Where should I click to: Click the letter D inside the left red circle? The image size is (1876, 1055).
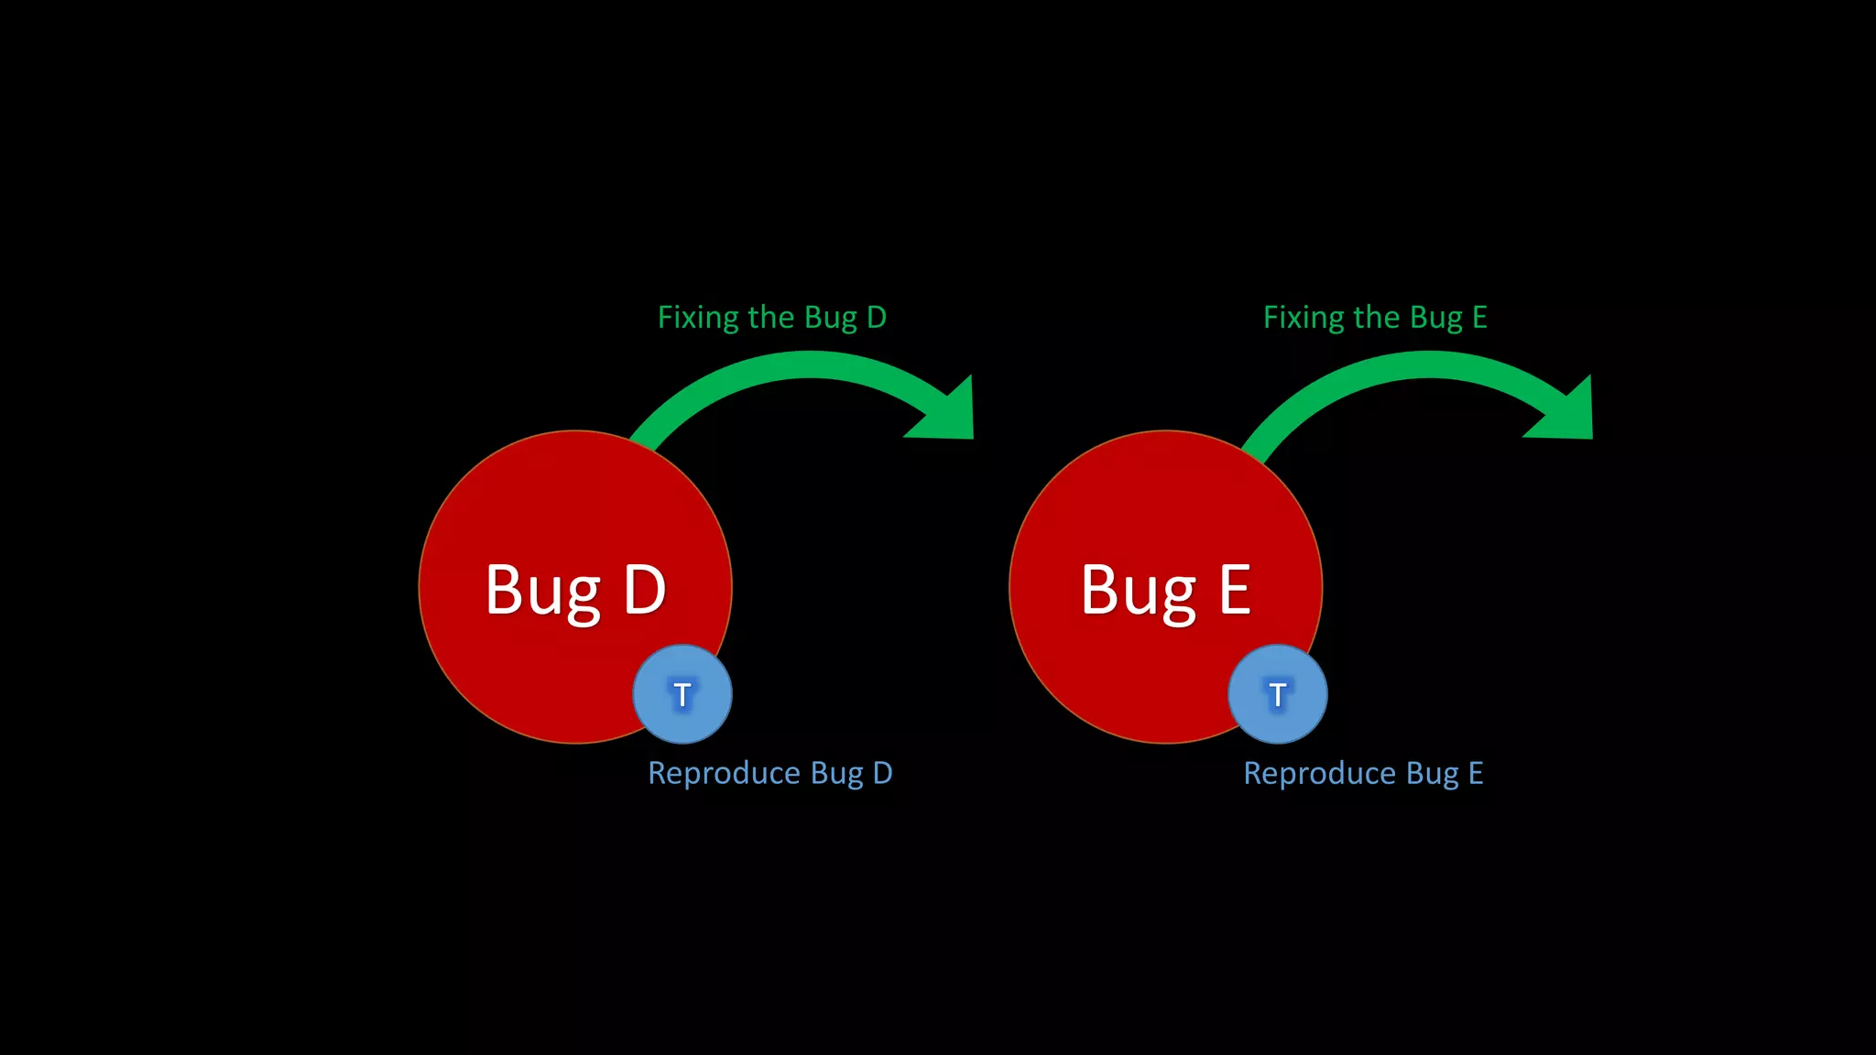tap(644, 591)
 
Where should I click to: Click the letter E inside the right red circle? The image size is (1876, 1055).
tap(1235, 591)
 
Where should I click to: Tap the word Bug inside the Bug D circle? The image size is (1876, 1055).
tap(542, 593)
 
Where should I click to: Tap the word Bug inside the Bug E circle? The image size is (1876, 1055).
tap(1138, 593)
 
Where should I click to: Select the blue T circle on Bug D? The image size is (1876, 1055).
tap(682, 694)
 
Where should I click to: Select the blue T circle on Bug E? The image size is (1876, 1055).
tap(1278, 694)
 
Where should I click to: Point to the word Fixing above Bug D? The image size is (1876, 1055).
tap(698, 318)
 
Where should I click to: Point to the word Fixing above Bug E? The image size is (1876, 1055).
tap(1303, 318)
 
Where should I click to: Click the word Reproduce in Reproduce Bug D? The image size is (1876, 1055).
tap(725, 774)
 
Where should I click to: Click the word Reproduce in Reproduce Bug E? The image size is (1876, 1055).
tap(1320, 774)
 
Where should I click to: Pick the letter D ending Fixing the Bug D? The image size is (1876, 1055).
tap(877, 318)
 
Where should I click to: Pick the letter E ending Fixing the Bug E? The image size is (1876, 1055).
tap(1479, 318)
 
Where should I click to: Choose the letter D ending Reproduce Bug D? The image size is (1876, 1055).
tap(882, 774)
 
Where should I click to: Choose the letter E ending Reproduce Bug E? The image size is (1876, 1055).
tap(1476, 774)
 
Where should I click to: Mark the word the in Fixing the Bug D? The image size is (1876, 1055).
tap(770, 318)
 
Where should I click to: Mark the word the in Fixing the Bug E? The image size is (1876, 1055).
tap(1376, 318)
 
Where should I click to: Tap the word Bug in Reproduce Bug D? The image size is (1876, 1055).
tap(837, 774)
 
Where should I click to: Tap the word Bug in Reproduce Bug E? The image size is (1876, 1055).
tap(1433, 774)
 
